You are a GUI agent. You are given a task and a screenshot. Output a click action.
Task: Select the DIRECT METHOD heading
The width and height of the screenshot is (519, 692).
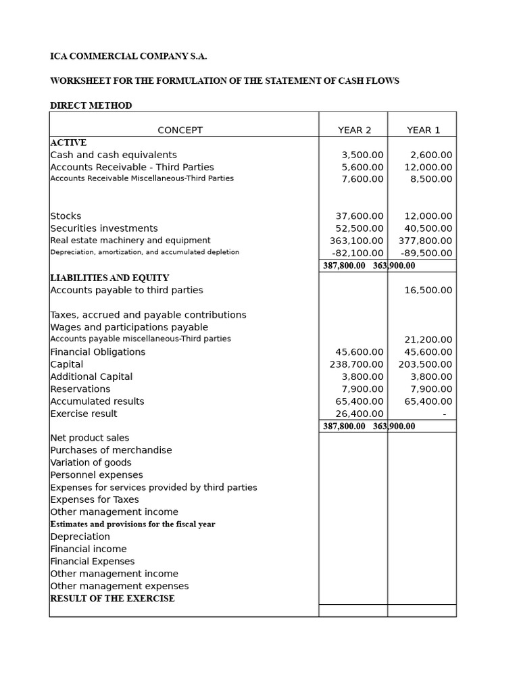pyautogui.click(x=91, y=105)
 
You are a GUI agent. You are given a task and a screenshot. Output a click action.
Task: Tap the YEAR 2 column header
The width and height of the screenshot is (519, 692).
pyautogui.click(x=354, y=130)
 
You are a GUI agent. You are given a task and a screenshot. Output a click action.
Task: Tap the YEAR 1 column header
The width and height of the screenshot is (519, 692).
pyautogui.click(x=423, y=130)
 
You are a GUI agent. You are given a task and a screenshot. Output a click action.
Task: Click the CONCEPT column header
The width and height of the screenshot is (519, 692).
pyautogui.click(x=180, y=130)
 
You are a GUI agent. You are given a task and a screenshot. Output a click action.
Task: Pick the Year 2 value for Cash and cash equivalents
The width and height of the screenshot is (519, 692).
pyautogui.click(x=362, y=155)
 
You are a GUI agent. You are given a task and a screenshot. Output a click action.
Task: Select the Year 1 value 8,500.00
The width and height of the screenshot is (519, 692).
pyautogui.click(x=431, y=179)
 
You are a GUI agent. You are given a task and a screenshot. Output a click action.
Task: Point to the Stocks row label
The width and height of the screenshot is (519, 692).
pyautogui.click(x=66, y=216)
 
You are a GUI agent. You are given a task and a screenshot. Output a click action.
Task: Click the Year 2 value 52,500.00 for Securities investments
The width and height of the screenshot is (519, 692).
pyautogui.click(x=360, y=228)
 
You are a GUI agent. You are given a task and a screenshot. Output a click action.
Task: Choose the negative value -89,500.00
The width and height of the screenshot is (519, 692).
pyautogui.click(x=426, y=253)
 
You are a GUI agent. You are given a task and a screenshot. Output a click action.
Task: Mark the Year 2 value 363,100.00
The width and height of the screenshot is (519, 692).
pyautogui.click(x=356, y=241)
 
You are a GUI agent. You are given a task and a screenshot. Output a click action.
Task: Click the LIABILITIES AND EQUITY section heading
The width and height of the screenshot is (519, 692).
pyautogui.click(x=109, y=278)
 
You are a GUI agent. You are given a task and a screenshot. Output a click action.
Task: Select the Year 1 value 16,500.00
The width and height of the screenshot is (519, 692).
pyautogui.click(x=428, y=290)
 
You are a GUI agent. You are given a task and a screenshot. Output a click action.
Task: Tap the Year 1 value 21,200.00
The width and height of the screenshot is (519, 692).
pyautogui.click(x=428, y=340)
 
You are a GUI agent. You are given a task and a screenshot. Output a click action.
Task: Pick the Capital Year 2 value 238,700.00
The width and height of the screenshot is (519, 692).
pyautogui.click(x=356, y=364)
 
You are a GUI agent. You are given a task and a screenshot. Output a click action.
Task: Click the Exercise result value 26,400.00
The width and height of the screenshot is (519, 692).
pyautogui.click(x=360, y=414)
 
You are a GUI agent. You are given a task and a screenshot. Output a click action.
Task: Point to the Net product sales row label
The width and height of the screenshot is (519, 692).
pyautogui.click(x=89, y=438)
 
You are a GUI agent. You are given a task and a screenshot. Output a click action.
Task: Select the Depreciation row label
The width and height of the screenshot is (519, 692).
pyautogui.click(x=80, y=537)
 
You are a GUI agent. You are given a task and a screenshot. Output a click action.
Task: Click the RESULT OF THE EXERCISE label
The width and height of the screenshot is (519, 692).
pyautogui.click(x=112, y=599)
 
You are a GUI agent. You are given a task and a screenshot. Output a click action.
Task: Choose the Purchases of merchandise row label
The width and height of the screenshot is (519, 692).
pyautogui.click(x=111, y=450)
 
